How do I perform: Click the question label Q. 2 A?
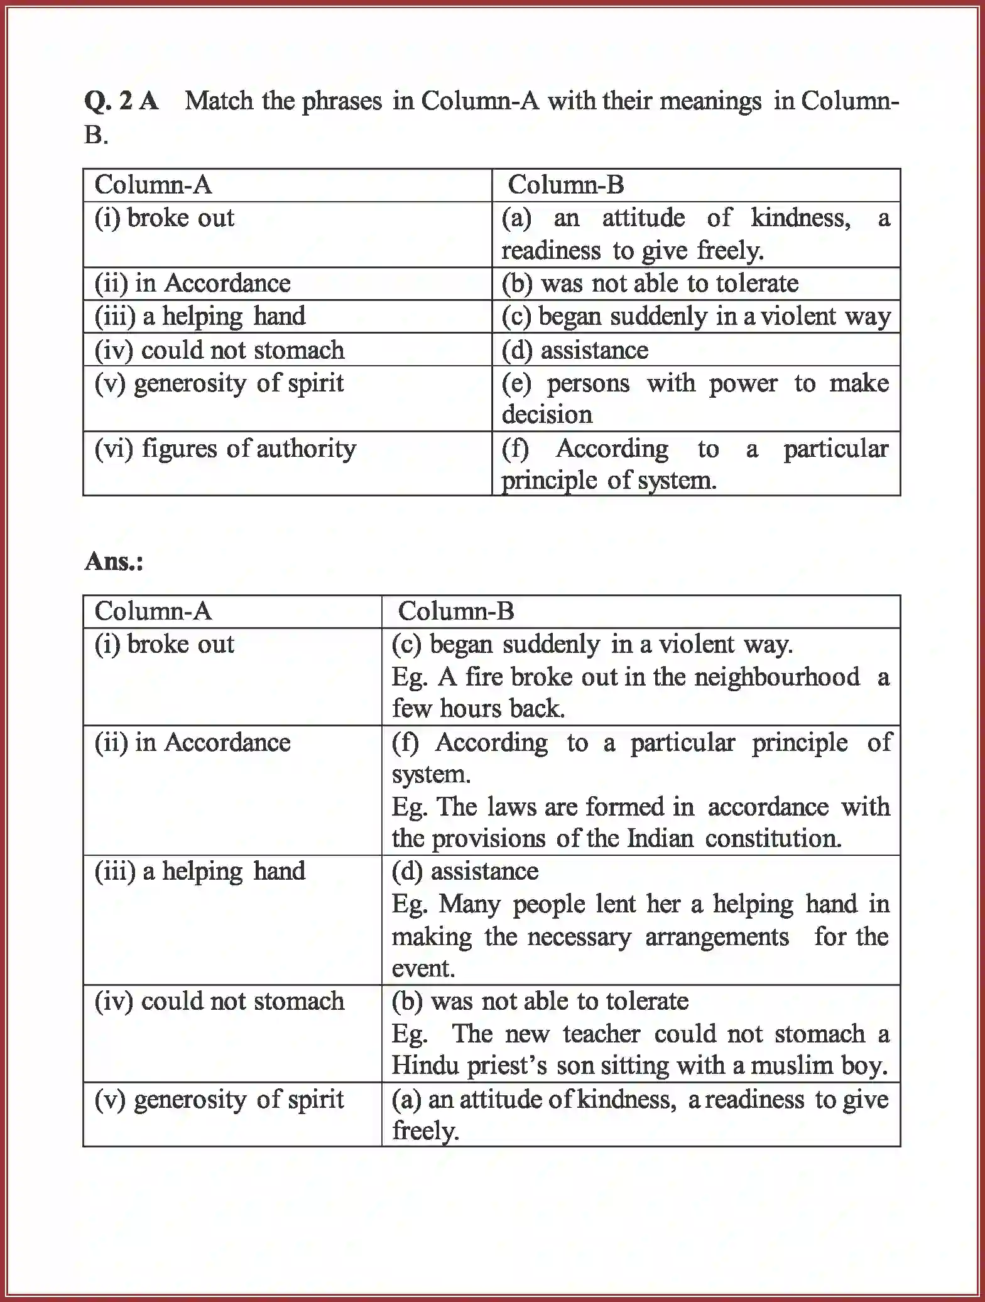tap(121, 101)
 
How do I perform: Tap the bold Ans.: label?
tap(114, 561)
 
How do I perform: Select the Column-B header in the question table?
tap(565, 185)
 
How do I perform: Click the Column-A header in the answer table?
tap(153, 611)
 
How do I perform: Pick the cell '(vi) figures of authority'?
tap(225, 449)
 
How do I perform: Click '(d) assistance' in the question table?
tap(574, 350)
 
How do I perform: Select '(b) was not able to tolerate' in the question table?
tap(650, 283)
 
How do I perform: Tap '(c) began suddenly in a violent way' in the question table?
tap(695, 316)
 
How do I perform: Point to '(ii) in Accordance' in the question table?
tap(192, 283)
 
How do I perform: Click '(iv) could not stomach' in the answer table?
tap(219, 1001)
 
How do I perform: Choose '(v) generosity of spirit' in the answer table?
tap(219, 1099)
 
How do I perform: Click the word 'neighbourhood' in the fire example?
tap(776, 677)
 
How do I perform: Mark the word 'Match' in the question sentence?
tap(219, 101)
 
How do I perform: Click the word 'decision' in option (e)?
tap(547, 415)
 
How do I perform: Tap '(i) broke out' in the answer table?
tap(164, 644)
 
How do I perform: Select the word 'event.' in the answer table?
tap(423, 968)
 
